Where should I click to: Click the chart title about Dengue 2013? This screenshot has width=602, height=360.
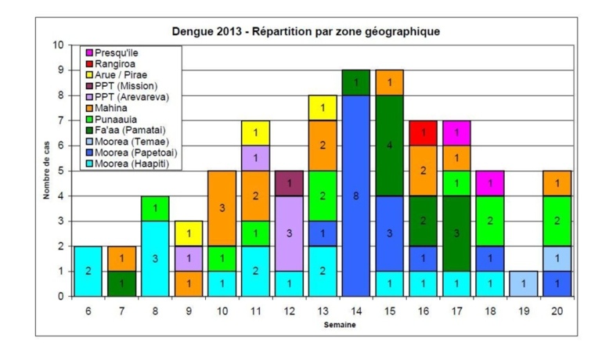(x=306, y=32)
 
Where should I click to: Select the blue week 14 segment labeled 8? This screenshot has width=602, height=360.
(x=355, y=196)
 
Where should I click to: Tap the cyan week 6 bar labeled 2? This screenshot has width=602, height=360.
(x=87, y=271)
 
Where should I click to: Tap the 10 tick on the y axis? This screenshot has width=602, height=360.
(x=57, y=45)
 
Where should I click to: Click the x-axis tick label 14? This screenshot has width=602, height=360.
(x=356, y=310)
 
